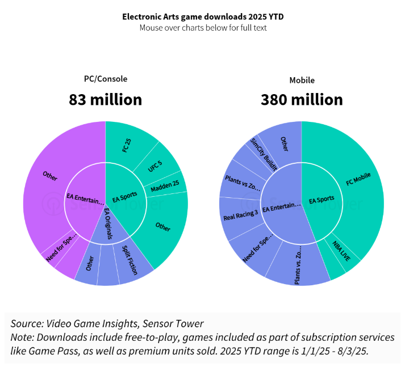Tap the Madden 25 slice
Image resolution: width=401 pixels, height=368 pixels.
(x=165, y=184)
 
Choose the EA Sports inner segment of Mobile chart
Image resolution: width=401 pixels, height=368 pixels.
(x=321, y=200)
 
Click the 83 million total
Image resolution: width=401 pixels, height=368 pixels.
(x=106, y=100)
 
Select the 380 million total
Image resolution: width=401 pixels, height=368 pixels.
(x=302, y=100)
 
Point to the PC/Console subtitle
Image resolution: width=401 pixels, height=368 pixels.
(x=106, y=79)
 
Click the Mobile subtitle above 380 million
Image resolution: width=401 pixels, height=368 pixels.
(x=302, y=80)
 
